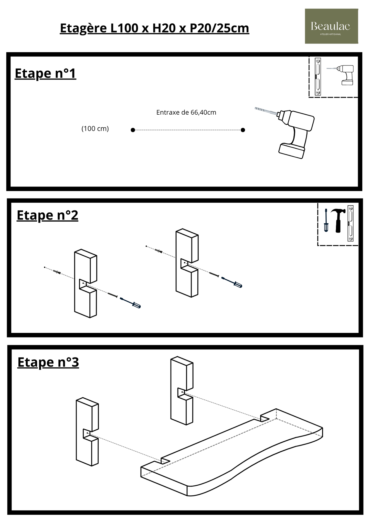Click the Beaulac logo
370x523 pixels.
pos(331,26)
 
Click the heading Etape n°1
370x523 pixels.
pos(45,73)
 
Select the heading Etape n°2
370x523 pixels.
pos(47,215)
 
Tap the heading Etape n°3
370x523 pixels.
pos(48,362)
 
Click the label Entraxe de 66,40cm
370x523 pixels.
pos(186,112)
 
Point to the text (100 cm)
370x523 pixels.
pos(95,128)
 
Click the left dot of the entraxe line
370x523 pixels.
pos(133,130)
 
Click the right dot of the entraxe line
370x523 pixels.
pos(243,130)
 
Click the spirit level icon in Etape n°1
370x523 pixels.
pos(318,77)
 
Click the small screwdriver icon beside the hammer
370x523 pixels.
pos(326,220)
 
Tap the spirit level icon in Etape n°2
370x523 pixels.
pos(350,223)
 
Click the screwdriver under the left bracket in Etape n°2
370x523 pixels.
pos(130,303)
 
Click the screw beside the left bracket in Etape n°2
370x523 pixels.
pos(112,295)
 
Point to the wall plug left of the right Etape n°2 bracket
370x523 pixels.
pos(159,252)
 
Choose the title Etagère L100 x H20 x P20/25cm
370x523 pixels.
pos(154,28)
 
